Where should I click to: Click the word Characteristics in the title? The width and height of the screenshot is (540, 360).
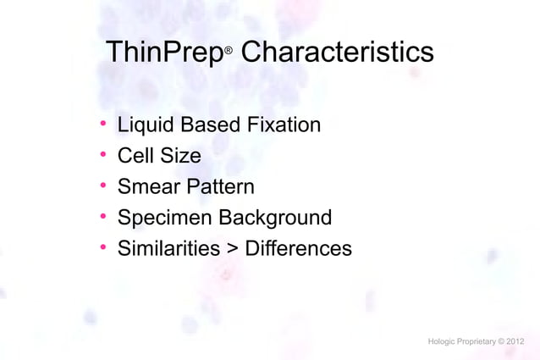[337, 53]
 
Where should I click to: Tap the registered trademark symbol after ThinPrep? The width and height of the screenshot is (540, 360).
[228, 53]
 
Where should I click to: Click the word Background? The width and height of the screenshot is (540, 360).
[275, 219]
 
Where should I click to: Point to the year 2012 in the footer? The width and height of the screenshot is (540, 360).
[515, 341]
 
